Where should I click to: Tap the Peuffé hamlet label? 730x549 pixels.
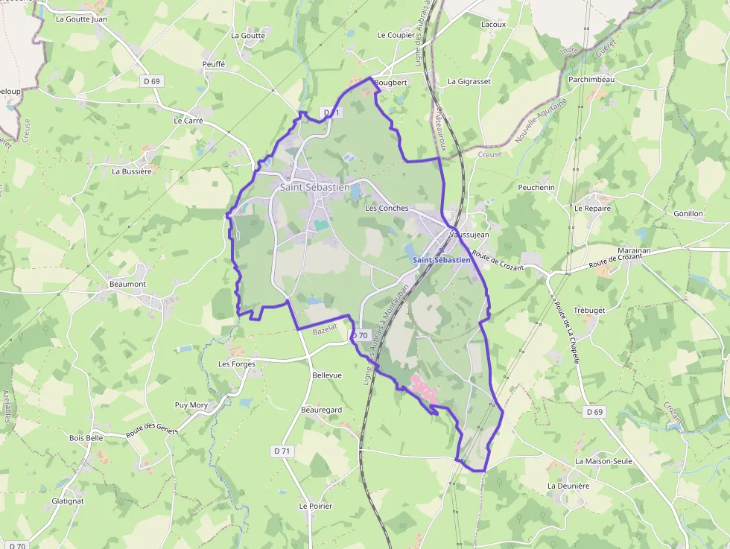(x=213, y=65)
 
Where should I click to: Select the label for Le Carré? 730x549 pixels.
(x=188, y=120)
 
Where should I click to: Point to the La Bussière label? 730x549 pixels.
(x=131, y=171)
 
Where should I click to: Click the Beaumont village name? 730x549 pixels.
(x=127, y=284)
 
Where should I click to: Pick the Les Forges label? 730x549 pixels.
(x=236, y=364)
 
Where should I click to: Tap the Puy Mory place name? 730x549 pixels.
(x=191, y=405)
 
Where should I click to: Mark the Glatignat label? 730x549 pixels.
(x=68, y=501)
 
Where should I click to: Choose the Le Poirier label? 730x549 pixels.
(x=315, y=506)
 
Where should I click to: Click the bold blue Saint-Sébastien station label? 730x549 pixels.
(x=441, y=260)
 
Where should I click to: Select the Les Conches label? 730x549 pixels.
(x=387, y=209)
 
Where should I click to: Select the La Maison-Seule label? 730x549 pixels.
(x=603, y=461)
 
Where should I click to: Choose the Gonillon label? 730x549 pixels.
(x=688, y=214)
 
